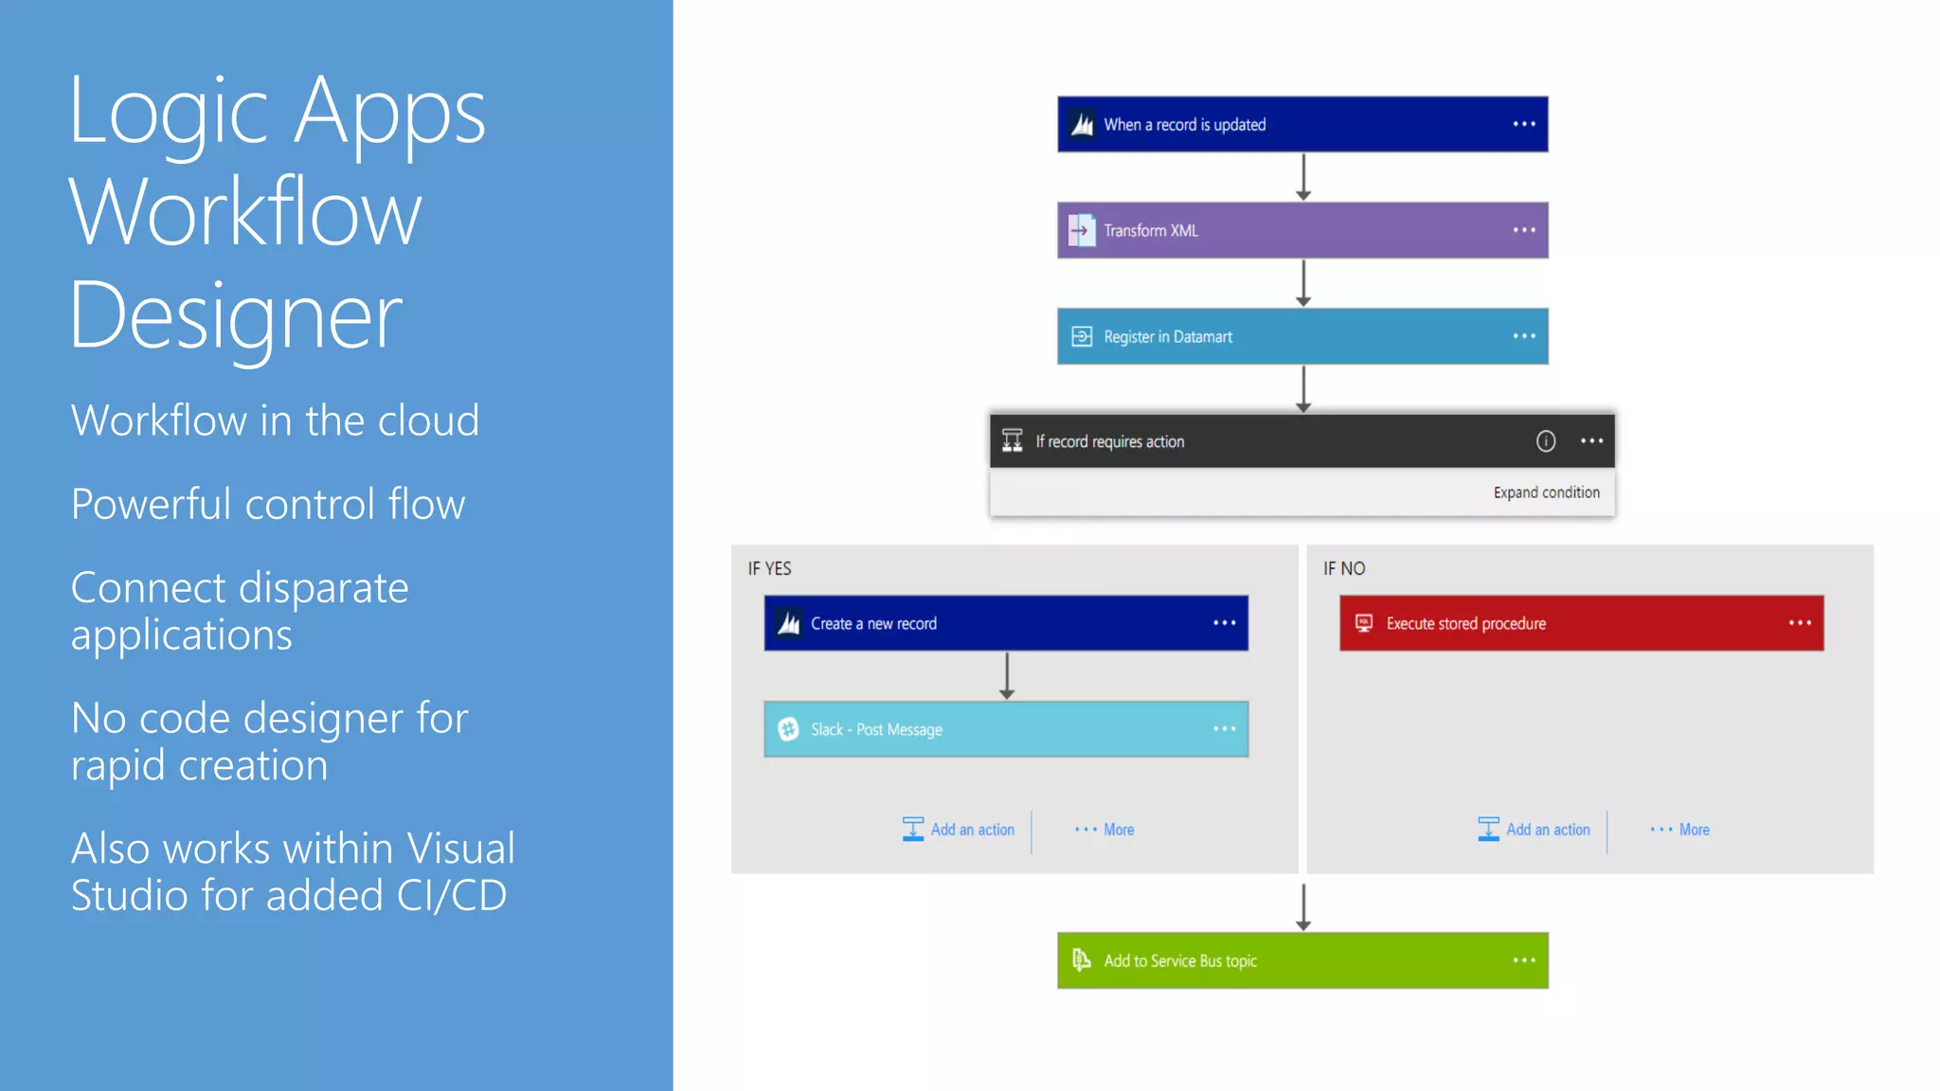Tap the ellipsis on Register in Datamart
1523,336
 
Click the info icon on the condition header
1545,441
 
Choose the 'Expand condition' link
1546,492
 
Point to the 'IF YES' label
769,568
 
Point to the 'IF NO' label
1344,568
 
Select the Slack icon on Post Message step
788,729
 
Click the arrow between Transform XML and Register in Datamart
1303,283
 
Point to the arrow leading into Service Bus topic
1303,907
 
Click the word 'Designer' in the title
236,316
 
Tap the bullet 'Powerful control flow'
268,504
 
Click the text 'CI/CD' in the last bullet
452,896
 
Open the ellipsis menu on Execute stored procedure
1800,623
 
